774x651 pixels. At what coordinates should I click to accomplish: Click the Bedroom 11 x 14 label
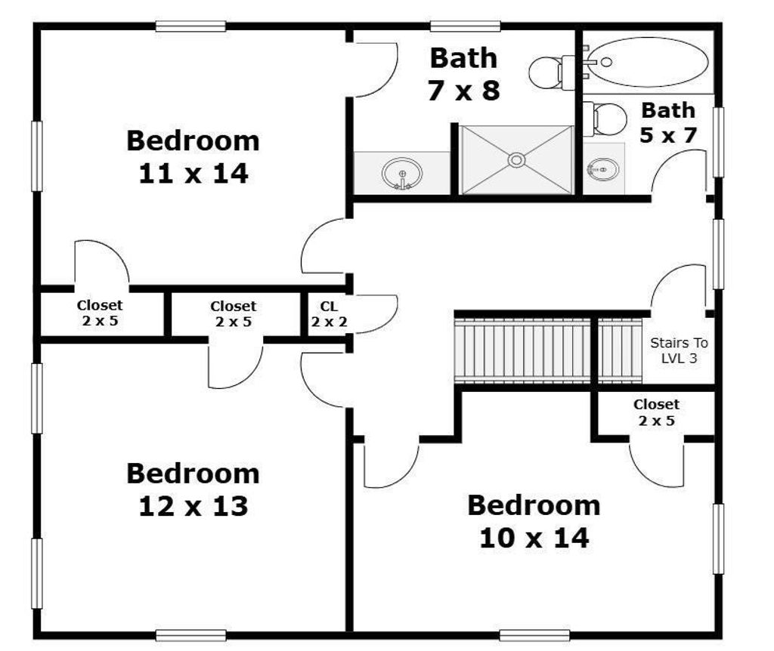tap(193, 157)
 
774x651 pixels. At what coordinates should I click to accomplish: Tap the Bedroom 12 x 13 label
tap(193, 489)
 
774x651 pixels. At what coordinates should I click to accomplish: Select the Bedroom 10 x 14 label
tap(534, 522)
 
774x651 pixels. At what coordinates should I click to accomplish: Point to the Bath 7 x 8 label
tap(463, 74)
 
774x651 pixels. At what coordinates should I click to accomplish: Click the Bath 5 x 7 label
tap(668, 122)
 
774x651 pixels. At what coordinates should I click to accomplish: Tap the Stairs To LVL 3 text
tap(679, 350)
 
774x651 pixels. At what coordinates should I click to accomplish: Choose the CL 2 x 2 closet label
tap(329, 314)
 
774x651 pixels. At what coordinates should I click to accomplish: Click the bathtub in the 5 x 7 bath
tap(649, 62)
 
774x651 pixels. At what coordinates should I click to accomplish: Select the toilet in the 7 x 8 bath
tap(552, 73)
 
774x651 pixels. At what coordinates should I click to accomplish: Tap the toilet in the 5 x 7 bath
tap(605, 119)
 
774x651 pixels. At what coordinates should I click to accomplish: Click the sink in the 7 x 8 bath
tap(402, 174)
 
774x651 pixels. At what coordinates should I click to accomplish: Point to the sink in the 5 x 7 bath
tap(602, 169)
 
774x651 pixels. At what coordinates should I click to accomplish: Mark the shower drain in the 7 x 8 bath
tap(516, 160)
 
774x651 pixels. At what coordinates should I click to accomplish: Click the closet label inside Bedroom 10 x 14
tap(656, 412)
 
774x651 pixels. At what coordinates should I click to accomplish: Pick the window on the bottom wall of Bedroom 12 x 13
tap(190, 635)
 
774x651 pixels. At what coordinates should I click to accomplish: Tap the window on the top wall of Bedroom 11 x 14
tap(190, 26)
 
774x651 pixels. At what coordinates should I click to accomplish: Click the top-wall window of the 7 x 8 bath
tap(465, 26)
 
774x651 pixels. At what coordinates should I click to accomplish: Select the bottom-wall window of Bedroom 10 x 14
tap(534, 635)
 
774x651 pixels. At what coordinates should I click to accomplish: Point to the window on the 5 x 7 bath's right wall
tap(719, 142)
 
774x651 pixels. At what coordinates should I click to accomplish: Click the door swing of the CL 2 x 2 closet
tap(376, 313)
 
